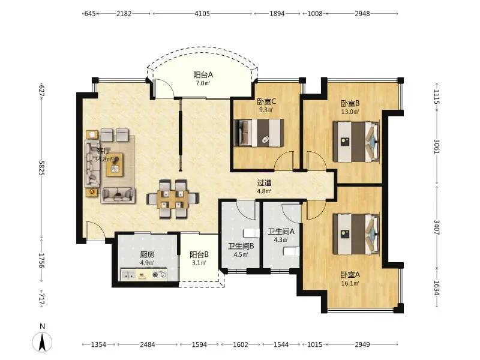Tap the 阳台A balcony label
pos(203,74)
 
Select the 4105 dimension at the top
pos(202,13)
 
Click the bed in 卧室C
pos(259,133)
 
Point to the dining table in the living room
pos(173,199)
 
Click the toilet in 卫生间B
pos(250,233)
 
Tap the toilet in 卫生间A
pos(291,251)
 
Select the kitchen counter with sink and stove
pos(144,274)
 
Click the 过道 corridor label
pos(264,183)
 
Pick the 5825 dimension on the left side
pos(42,168)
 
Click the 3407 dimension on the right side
pos(437,227)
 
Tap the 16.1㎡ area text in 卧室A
pos(350,283)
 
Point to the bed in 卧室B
pos(356,142)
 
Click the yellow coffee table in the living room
pos(115,164)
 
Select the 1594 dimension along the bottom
pos(199,344)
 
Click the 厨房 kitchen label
pos(147,254)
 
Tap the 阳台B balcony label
pos(199,254)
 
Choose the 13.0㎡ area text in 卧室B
pos(350,112)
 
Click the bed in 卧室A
pos(356,234)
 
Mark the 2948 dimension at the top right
pos(362,13)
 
